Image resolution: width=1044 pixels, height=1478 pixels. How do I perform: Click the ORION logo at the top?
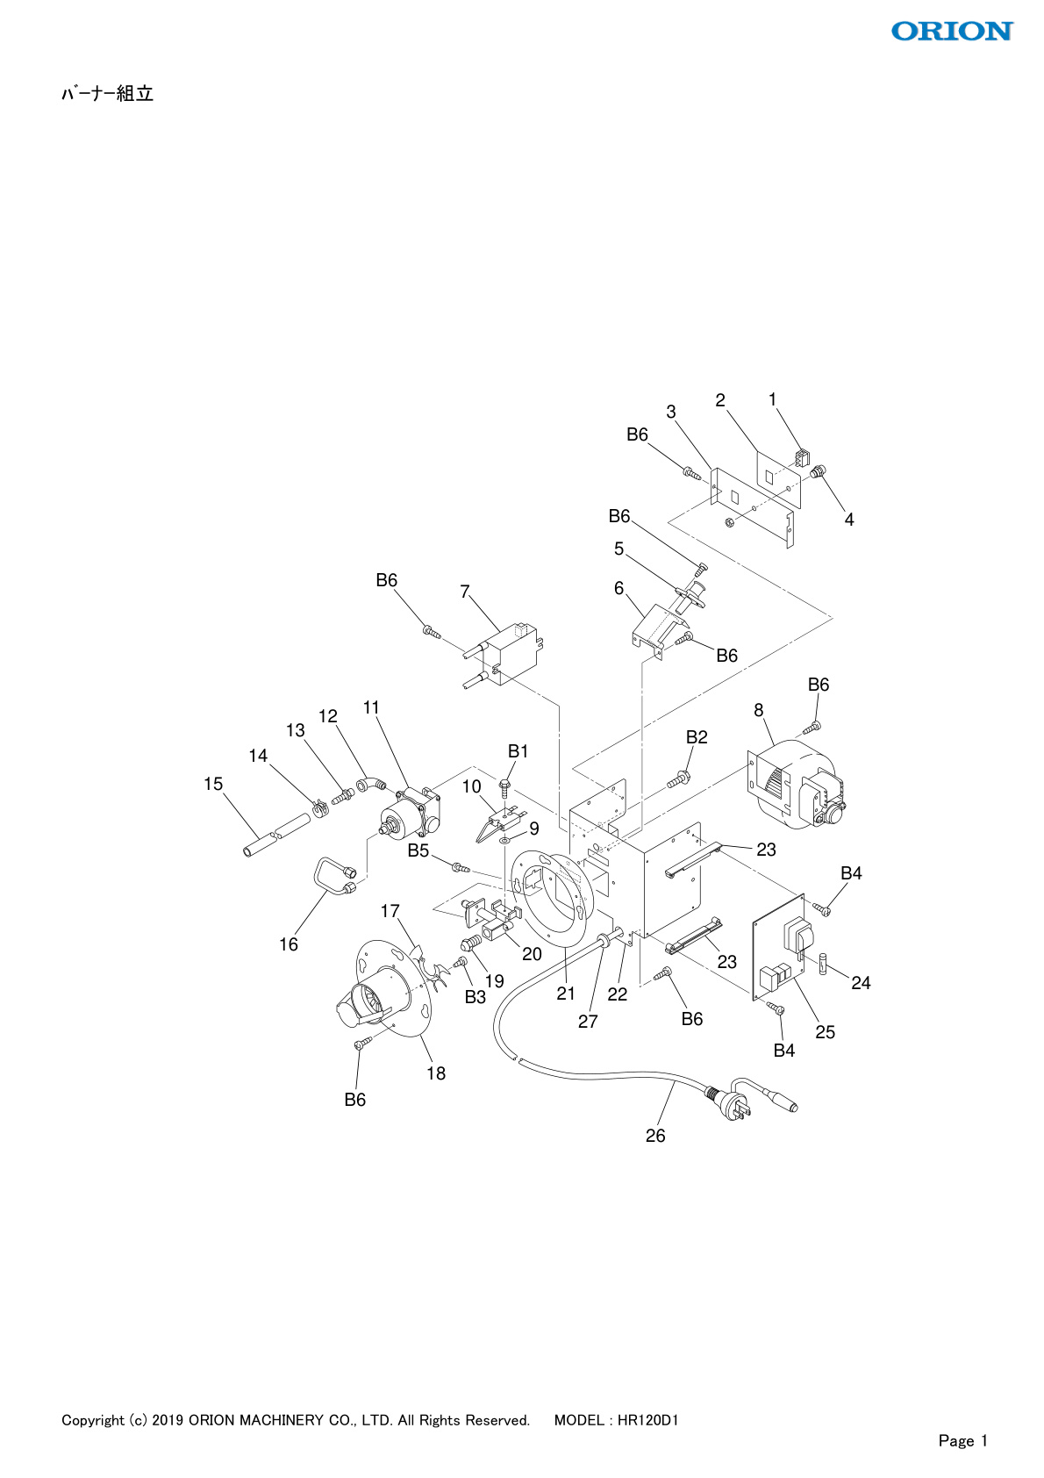coord(952,32)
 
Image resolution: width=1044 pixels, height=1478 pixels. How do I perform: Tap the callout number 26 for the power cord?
coord(655,1136)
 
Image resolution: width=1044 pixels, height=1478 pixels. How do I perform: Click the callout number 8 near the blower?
coord(759,710)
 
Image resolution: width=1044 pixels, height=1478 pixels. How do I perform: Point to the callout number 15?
coord(213,784)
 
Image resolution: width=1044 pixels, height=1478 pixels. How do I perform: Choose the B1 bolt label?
coord(518,751)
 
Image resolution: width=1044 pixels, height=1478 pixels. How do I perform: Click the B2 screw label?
coord(697,737)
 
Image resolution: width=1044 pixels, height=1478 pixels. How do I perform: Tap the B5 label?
coord(418,850)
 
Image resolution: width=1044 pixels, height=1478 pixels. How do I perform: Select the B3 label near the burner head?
coord(475,997)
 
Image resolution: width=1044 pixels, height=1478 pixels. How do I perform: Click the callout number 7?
coord(465,592)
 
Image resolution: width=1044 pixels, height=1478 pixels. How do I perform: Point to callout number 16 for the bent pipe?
coord(289,944)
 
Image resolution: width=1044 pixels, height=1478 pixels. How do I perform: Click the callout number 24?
coord(861,983)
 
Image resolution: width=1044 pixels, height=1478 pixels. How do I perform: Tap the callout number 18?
coord(436,1073)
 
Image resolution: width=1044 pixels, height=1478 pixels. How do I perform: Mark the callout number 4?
coord(848,520)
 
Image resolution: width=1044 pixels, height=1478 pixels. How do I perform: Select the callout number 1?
coord(772,400)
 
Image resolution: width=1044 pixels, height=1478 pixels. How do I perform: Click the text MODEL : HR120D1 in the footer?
coord(616,1420)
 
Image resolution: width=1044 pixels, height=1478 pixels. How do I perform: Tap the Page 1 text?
coord(962,1440)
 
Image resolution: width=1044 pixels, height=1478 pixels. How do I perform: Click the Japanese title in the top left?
coord(107,94)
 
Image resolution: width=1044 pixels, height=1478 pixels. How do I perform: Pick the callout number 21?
coord(566,994)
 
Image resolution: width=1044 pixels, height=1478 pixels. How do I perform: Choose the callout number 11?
coord(371,707)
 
